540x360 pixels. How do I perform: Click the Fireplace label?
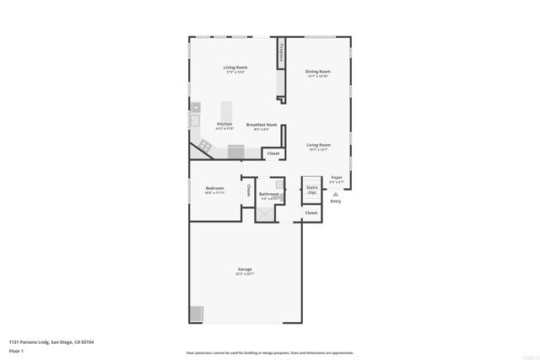click(x=281, y=54)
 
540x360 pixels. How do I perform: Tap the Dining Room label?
click(x=317, y=72)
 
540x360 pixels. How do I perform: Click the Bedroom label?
click(x=213, y=189)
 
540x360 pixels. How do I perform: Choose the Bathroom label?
click(x=269, y=194)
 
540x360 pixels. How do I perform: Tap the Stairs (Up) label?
click(x=311, y=190)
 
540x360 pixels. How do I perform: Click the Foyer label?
click(x=336, y=178)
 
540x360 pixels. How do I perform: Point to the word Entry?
click(x=335, y=201)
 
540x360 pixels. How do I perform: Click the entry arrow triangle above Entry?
click(x=335, y=194)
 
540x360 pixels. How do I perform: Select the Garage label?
click(x=244, y=270)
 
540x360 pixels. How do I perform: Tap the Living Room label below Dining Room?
click(x=317, y=145)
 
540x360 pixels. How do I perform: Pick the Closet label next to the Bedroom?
click(x=249, y=191)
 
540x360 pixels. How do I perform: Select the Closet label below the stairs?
click(x=311, y=213)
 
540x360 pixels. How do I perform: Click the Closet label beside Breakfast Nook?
click(x=273, y=153)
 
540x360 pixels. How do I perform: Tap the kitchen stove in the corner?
click(x=206, y=147)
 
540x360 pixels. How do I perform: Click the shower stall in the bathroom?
click(x=266, y=213)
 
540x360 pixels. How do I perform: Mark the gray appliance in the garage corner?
click(x=196, y=314)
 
